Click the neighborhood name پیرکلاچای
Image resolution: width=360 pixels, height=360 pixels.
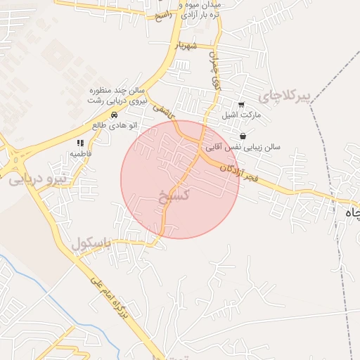[283, 95]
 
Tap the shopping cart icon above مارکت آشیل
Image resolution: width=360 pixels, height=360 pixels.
[242, 103]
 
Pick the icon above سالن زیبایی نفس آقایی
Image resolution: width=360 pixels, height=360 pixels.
[243, 136]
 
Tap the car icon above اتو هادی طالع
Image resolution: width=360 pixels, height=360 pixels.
[114, 115]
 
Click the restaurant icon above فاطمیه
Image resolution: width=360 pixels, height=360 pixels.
[80, 142]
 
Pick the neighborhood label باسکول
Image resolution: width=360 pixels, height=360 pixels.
[91, 243]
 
